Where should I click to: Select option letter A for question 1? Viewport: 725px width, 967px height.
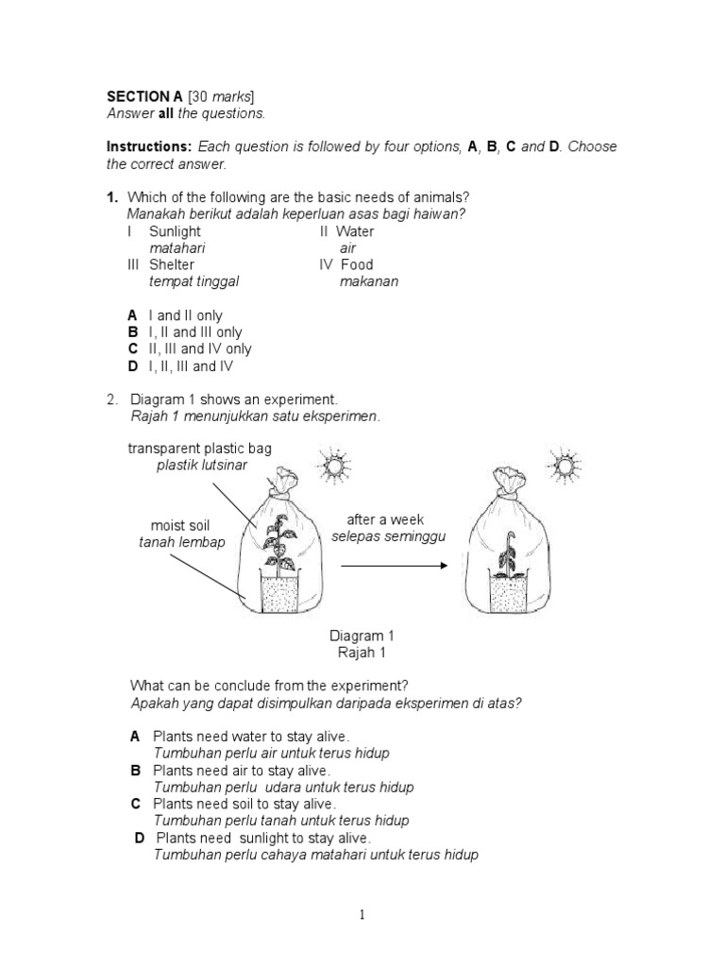pos(133,315)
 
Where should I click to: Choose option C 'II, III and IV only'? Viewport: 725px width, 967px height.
pos(200,349)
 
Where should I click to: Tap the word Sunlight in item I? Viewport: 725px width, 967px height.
pos(175,231)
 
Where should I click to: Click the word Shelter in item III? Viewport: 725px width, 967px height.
pos(171,265)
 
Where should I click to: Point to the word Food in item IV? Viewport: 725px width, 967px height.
pos(357,265)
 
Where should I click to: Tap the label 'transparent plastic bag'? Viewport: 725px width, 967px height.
pos(199,449)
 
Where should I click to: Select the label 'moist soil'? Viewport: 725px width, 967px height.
pos(180,525)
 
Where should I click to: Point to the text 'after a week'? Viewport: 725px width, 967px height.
pos(385,519)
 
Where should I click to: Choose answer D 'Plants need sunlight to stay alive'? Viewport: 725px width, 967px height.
pos(263,838)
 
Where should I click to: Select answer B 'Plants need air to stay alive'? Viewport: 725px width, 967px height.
pos(241,771)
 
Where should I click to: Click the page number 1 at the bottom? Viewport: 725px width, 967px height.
pos(362,914)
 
